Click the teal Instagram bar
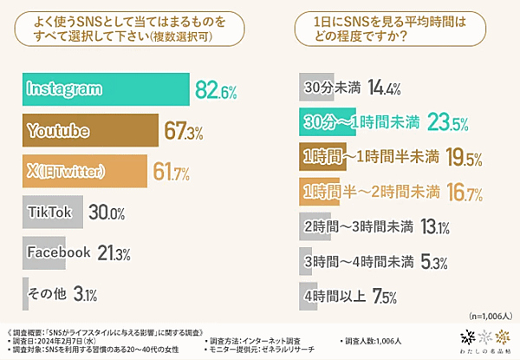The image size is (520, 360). coord(104,89)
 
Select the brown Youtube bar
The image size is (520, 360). coord(90,131)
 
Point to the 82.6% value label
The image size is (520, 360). coord(217,89)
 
